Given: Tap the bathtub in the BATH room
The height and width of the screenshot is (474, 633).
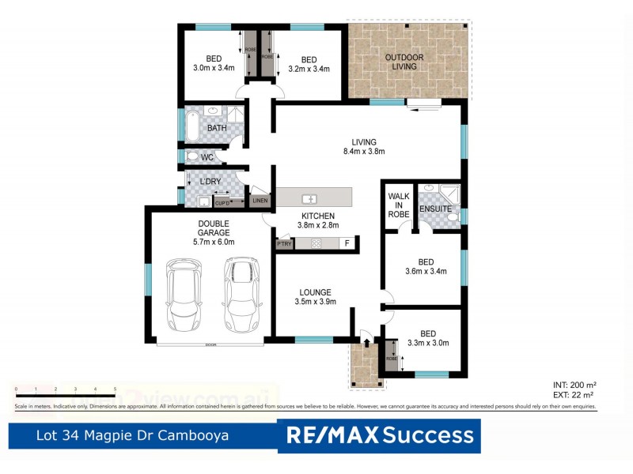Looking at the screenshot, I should [x=193, y=126].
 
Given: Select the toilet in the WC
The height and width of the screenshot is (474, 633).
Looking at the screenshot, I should [x=191, y=156].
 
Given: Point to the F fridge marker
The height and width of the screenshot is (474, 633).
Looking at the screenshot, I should [x=346, y=244].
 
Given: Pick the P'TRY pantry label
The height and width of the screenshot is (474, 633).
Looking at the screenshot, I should [x=285, y=244].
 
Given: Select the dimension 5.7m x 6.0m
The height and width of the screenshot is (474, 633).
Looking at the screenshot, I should [x=214, y=242].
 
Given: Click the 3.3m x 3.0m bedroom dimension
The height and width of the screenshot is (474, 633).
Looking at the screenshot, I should [x=427, y=343].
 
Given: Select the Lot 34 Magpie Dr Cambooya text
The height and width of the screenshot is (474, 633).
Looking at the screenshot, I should [x=134, y=435].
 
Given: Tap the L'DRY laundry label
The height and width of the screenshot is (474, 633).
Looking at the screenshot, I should [x=210, y=182].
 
